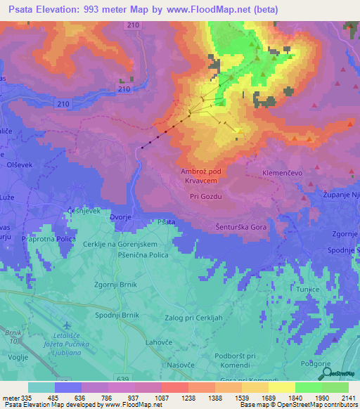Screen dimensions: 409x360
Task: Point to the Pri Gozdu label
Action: click(205, 197)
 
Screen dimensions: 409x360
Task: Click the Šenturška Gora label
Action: click(241, 228)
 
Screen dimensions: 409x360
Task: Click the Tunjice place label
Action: click(308, 289)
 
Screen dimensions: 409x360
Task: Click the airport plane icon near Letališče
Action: click(67, 325)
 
